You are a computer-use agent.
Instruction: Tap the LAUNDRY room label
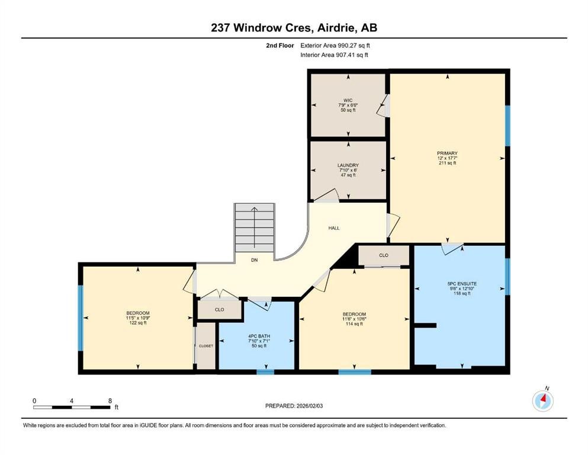coord(348,165)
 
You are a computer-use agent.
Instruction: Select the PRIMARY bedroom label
coord(447,153)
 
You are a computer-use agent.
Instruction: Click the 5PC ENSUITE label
coord(462,284)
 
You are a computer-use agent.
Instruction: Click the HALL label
coord(334,227)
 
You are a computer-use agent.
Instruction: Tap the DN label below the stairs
coord(255,259)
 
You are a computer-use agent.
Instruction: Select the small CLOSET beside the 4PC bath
coord(206,346)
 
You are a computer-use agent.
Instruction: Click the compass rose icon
coord(542,400)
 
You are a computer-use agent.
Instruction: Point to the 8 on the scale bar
coord(110,400)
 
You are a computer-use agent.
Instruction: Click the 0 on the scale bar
coord(35,400)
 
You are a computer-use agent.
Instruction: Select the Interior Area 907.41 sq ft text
coord(334,55)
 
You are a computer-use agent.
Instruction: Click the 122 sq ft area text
coord(137,323)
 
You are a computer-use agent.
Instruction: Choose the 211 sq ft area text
coord(447,163)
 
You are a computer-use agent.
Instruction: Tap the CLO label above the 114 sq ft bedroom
coord(383,255)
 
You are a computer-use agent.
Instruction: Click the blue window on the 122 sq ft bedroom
coord(81,318)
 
